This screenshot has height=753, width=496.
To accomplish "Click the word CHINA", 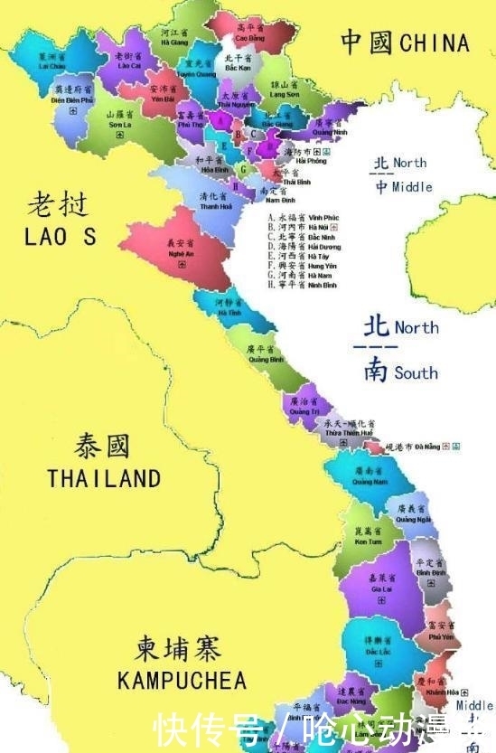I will [x=435, y=42].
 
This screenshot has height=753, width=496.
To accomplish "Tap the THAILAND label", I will [x=104, y=478].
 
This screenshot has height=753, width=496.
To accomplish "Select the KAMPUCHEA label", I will [x=182, y=680].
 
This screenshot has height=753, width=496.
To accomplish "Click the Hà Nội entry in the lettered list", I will [x=304, y=228].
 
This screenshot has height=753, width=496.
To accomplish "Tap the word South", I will [x=415, y=372].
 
